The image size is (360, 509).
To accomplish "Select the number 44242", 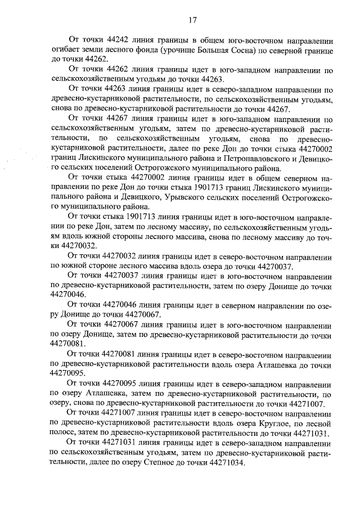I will [x=115, y=40].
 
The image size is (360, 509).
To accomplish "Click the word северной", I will [x=285, y=51].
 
